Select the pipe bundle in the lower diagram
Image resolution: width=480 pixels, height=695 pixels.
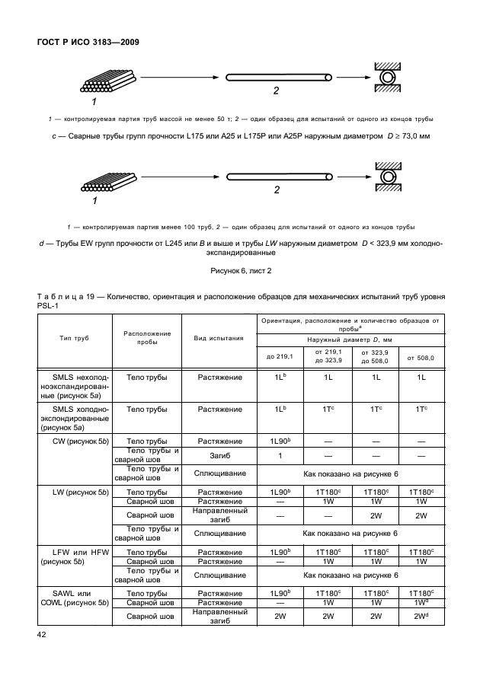coord(108,183)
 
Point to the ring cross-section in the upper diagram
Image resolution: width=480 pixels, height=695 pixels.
coord(389,78)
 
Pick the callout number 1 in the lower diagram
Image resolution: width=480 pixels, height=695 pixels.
coord(94,202)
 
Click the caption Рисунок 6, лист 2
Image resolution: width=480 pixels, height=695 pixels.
coord(240,270)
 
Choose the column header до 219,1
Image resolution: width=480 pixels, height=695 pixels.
coord(280,357)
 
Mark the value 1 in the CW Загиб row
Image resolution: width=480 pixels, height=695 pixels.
coord(280,456)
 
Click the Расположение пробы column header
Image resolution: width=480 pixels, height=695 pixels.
coord(148,338)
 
